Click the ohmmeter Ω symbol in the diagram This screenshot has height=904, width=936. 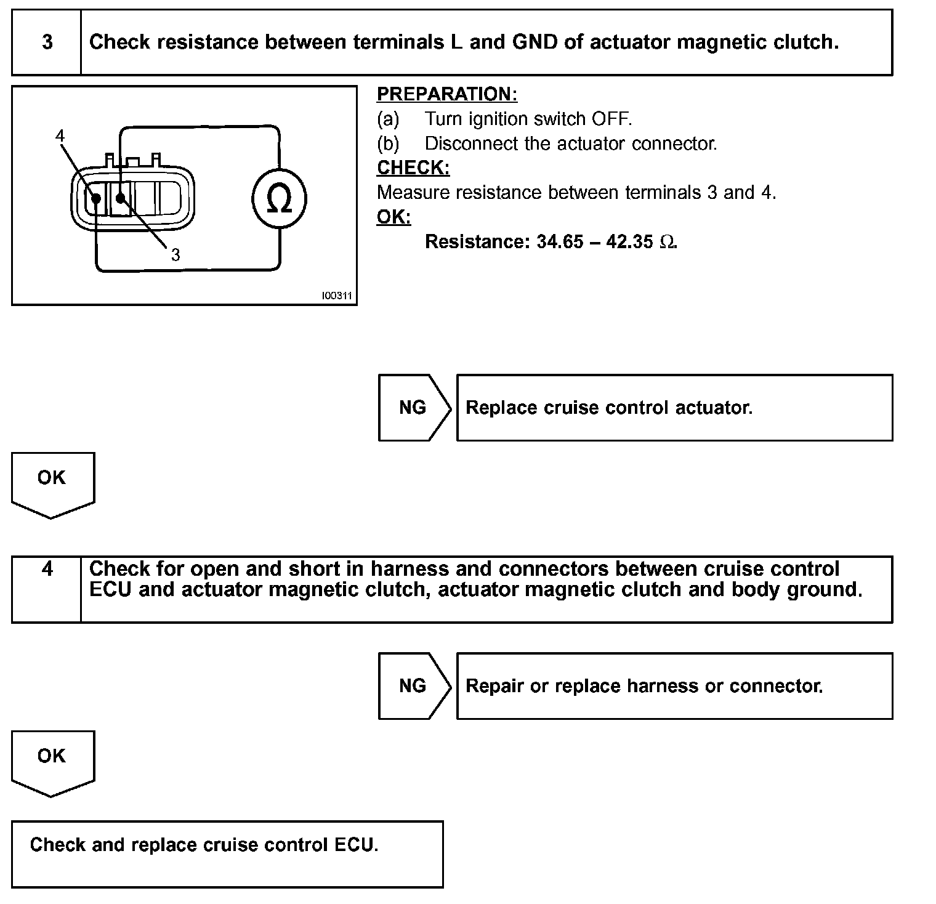pos(279,198)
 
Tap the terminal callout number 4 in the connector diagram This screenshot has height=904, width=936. pos(60,135)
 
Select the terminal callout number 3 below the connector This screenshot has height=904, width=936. pos(175,254)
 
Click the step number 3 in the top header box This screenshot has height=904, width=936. pos(47,42)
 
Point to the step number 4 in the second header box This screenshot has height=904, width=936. pos(47,568)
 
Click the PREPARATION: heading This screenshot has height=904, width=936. pos(447,94)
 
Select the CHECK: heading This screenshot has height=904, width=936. pos(413,167)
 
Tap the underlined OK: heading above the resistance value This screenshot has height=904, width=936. pos(393,217)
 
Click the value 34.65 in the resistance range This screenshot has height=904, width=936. pos(560,241)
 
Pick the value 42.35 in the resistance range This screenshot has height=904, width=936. pos(629,241)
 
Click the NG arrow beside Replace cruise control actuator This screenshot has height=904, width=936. pos(413,408)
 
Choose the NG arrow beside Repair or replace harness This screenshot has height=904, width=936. pos(413,686)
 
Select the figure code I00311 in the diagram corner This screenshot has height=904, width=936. pos(337,296)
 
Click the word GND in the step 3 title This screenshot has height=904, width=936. pos(535,42)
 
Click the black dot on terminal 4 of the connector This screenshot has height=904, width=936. pos(96,198)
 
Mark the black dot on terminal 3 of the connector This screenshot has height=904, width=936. pos(121,198)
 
